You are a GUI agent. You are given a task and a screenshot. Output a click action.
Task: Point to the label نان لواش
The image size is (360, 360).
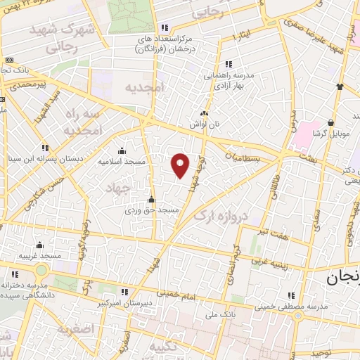click(x=205, y=124)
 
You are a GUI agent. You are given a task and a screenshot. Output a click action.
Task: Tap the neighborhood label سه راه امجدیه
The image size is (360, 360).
click(x=82, y=122)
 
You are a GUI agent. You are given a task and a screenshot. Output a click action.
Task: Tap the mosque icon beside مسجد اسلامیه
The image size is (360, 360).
click(x=122, y=150)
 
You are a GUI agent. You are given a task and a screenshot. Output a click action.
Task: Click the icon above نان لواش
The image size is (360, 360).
click(x=205, y=112)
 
